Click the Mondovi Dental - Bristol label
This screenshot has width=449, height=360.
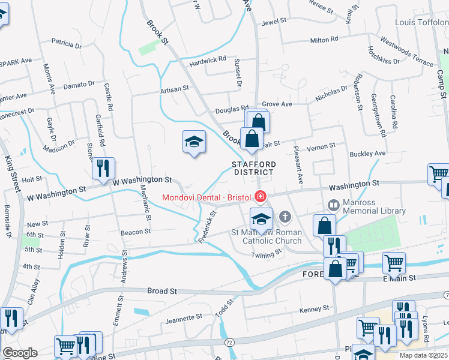pos(207,197)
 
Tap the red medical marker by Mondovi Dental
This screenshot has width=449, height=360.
pos(261,196)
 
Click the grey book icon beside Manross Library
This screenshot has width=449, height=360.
pos(334,205)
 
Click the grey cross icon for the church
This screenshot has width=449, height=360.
pos(285,217)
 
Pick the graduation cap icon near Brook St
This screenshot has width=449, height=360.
pos(193,142)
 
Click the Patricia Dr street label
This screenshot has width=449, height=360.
pos(66,44)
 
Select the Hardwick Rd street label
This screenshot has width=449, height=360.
pos(208,60)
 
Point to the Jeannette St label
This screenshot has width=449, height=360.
pos(184,317)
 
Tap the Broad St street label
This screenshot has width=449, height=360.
pos(162,290)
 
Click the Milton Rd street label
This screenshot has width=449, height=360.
pos(324,40)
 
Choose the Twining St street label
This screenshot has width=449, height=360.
pos(270,254)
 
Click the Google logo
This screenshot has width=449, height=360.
pos(20,353)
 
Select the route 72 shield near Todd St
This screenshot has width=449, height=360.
pos(229,341)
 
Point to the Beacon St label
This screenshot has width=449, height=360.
pos(136,232)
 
